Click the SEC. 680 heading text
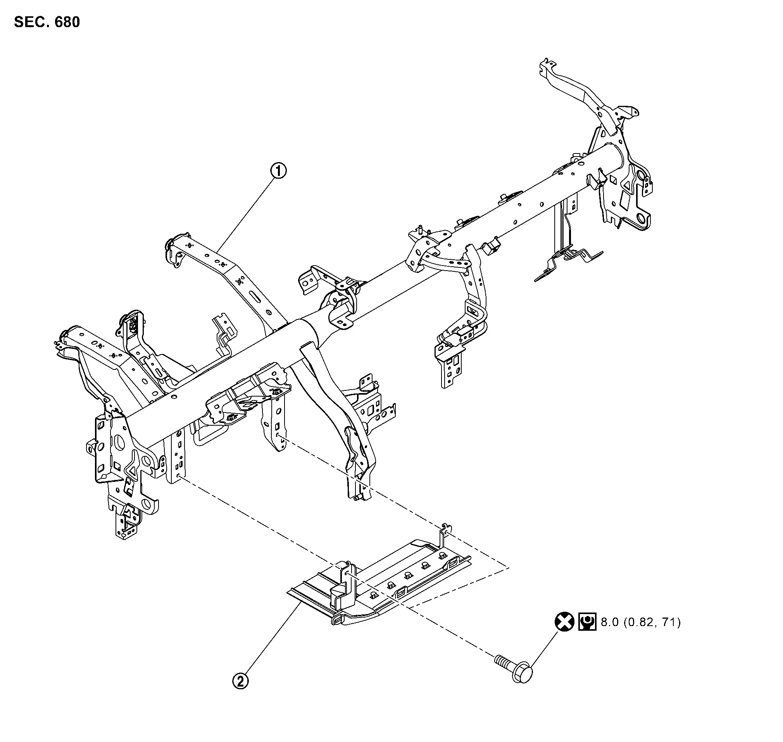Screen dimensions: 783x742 click(47, 22)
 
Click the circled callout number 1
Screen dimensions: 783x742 click(278, 171)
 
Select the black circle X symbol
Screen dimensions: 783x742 click(564, 622)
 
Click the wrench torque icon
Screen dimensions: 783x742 click(587, 622)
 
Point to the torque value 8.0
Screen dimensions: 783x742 click(610, 623)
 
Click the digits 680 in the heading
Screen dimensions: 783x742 click(67, 22)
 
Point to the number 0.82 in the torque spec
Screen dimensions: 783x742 click(640, 623)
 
